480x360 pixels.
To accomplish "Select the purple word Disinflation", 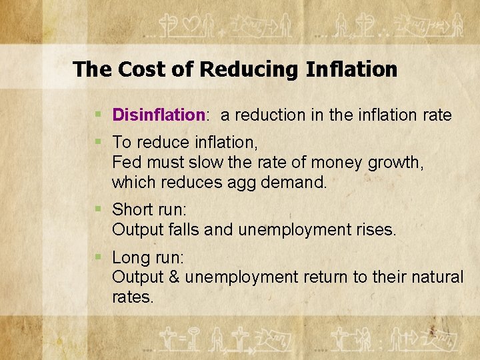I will point(158,115).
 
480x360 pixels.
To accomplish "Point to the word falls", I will point(183,230).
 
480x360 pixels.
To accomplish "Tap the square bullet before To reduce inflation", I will point(99,142).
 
